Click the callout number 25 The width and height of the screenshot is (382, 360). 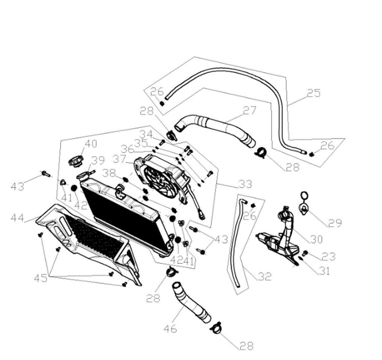click(313, 93)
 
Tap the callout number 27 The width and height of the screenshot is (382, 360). click(250, 111)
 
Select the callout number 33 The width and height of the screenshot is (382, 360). click(245, 184)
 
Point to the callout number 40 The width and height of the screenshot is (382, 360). click(90, 144)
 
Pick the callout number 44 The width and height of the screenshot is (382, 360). click(18, 218)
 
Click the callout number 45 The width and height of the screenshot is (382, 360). click(41, 278)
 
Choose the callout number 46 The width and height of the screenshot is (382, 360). click(170, 329)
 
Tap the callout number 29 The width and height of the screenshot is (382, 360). click(335, 223)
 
